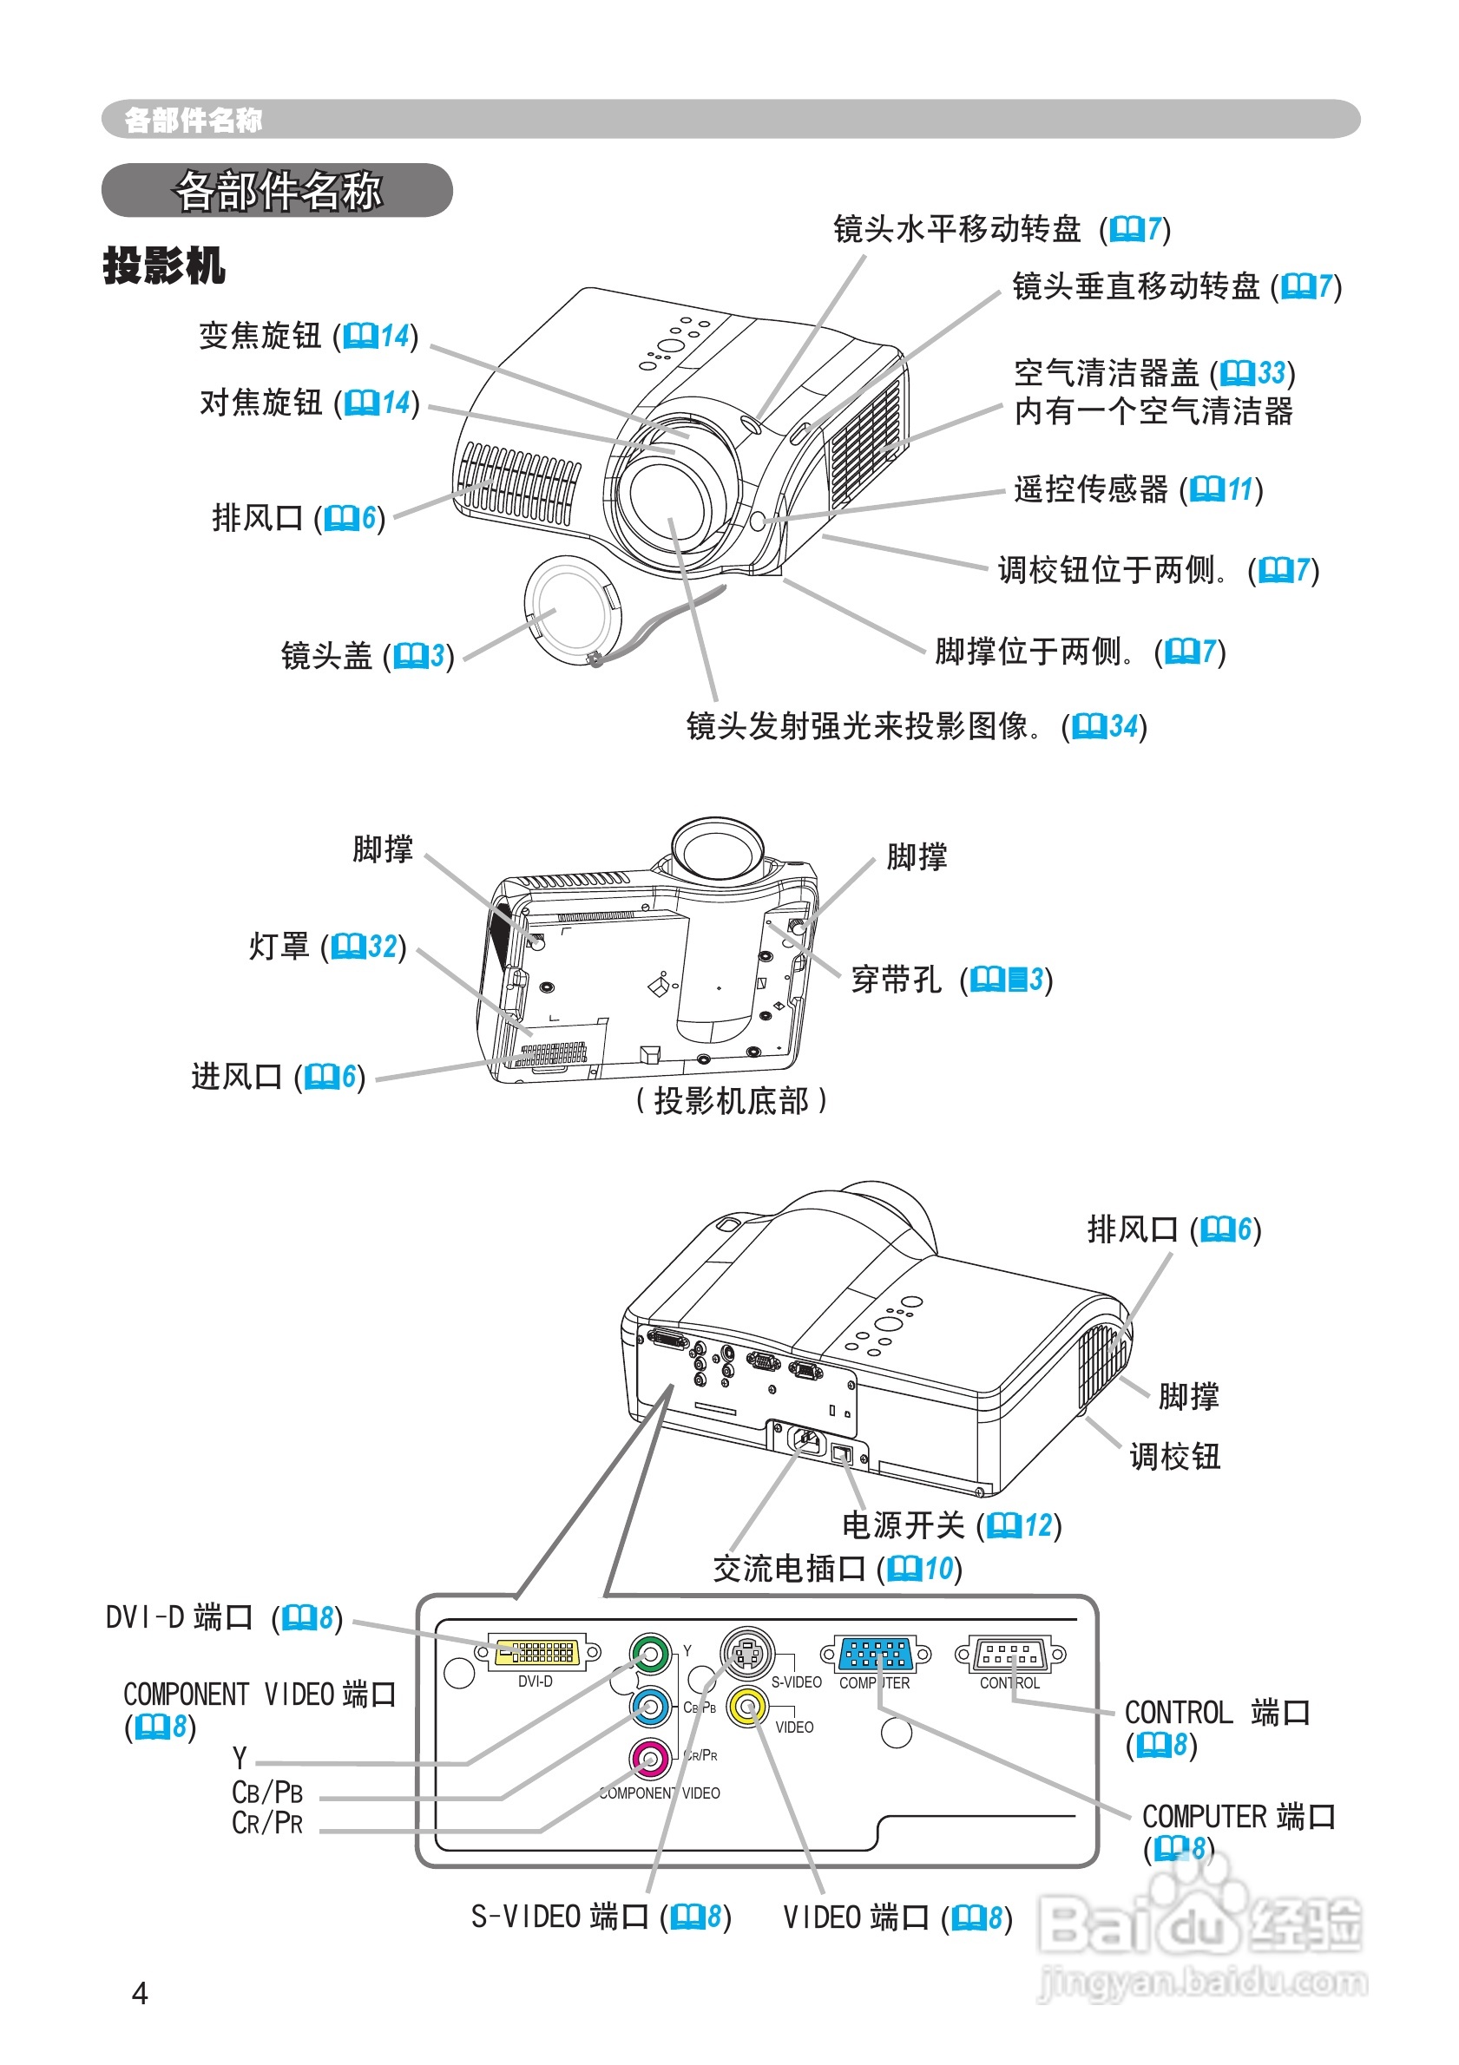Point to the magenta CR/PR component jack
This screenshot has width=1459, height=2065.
[650, 1759]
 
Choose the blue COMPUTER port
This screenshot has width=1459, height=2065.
[874, 1653]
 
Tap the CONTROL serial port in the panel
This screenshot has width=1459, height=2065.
[1009, 1653]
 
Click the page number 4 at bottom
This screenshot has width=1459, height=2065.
[140, 1993]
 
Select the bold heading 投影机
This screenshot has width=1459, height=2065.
[164, 265]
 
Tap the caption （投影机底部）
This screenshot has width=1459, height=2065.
[731, 1100]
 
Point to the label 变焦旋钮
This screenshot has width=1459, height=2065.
[260, 336]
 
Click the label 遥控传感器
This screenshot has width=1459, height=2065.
[1090, 489]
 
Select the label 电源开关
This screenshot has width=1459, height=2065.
[904, 1524]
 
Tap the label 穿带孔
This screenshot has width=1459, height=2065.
[896, 980]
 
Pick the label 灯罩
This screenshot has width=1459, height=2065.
[279, 946]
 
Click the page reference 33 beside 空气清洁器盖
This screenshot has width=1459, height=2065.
[1270, 372]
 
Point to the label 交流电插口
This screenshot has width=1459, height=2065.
[789, 1569]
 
